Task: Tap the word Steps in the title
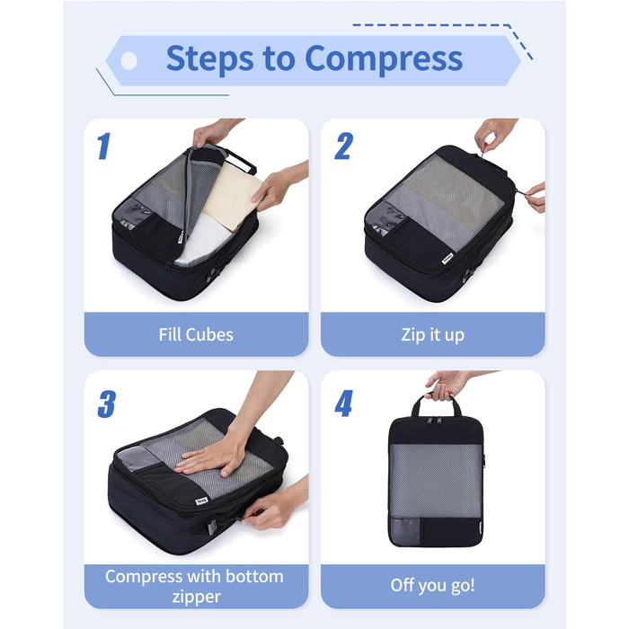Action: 209,58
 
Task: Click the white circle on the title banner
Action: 129,61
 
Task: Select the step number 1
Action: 104,146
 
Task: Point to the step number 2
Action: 344,146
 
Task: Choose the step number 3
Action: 107,404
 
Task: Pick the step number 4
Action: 344,403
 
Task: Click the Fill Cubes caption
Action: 196,334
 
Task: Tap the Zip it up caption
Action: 433,335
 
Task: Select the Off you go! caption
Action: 432,585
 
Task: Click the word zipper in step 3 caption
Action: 196,597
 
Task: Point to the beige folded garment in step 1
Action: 232,195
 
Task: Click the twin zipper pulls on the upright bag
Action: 434,421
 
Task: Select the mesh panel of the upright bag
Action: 435,480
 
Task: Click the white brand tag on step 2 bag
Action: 447,258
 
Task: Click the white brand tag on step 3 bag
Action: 202,501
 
